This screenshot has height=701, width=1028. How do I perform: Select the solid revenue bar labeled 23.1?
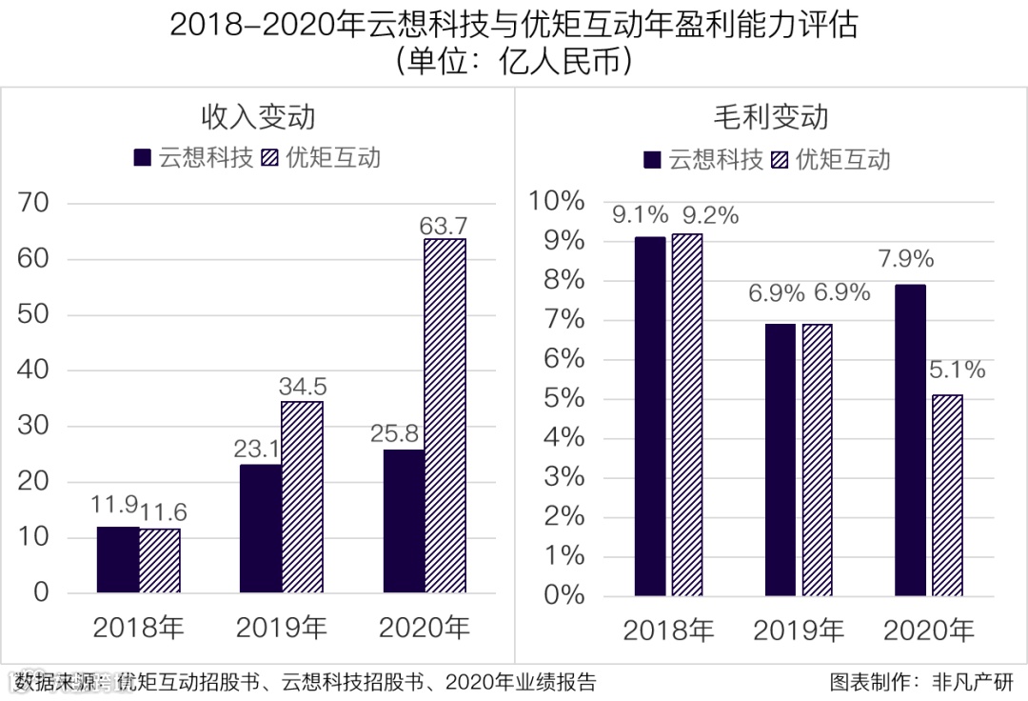coord(261,528)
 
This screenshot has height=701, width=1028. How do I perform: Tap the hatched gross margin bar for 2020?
coord(946,495)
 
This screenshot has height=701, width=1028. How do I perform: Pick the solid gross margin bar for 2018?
coord(650,416)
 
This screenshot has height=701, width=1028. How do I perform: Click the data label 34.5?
coord(302,387)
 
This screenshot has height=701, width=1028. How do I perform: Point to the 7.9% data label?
coord(906,259)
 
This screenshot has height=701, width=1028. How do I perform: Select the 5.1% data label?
coord(958,370)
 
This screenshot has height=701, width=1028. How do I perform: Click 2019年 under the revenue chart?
coord(281,628)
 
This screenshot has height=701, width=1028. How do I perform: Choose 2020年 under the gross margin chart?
coord(928,631)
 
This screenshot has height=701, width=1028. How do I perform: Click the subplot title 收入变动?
coord(257,116)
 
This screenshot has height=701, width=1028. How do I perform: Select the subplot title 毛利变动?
coord(771,116)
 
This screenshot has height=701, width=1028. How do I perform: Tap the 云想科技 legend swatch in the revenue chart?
coord(143,157)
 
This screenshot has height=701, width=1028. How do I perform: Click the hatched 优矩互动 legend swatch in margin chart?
coord(782,158)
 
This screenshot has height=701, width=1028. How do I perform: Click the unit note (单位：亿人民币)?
coord(514,62)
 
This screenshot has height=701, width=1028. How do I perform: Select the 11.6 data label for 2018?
coord(163,512)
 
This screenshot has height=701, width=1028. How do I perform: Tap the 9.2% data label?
coord(706,216)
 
